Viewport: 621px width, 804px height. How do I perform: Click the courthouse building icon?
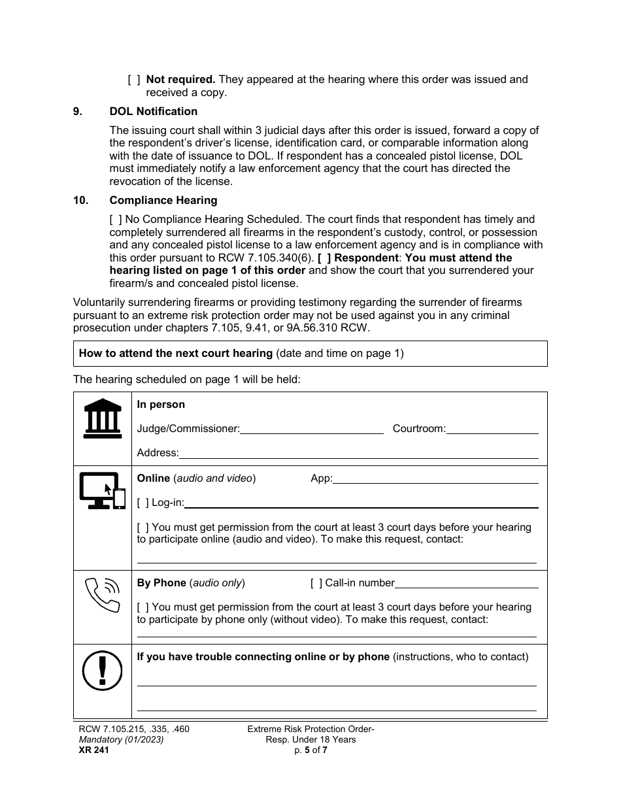pos(103,418)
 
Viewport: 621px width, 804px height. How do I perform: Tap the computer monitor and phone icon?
pos(102,491)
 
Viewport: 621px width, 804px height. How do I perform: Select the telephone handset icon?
pos(103,594)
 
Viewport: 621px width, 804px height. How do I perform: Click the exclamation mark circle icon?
pos(103,671)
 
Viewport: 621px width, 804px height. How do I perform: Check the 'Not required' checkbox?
pos(134,80)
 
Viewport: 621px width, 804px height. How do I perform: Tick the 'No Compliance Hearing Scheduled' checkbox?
pos(115,220)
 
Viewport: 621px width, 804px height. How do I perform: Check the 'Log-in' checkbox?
pos(143,503)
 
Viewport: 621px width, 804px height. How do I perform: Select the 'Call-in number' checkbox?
pos(316,583)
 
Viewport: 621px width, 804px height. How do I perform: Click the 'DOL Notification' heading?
pos(153,111)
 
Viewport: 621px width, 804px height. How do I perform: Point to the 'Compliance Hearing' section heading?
pos(163,200)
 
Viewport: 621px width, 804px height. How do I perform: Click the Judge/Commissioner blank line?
pos(312,429)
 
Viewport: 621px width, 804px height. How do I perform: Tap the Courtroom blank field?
pos(492,429)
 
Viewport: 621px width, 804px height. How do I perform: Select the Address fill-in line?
pos(358,454)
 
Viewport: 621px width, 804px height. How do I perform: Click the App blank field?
pos(435,479)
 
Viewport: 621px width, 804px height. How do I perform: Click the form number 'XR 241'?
pos(91,750)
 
